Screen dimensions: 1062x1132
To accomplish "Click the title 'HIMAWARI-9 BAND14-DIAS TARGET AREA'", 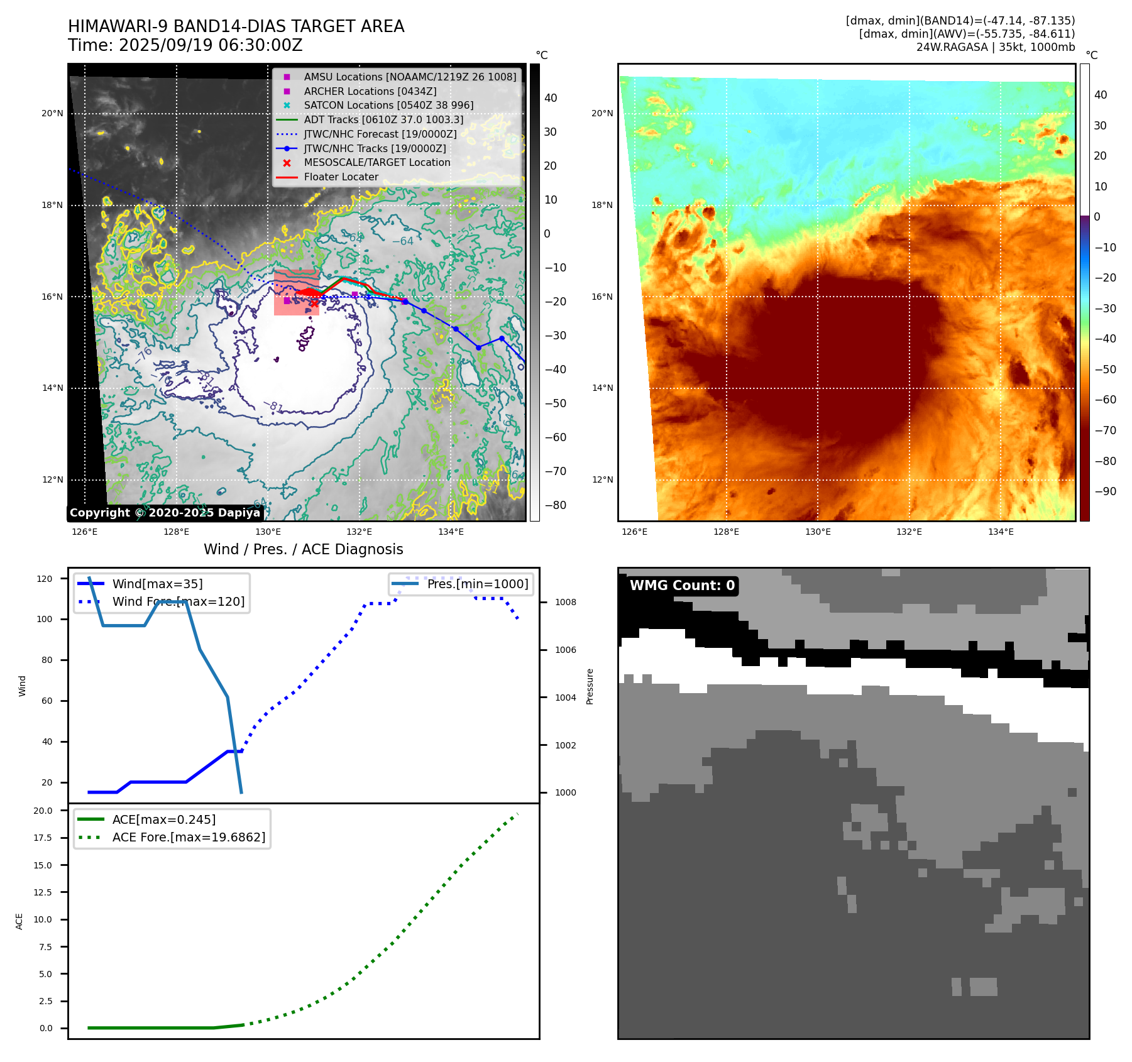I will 236,26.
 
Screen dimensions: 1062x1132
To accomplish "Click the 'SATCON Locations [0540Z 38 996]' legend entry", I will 388,105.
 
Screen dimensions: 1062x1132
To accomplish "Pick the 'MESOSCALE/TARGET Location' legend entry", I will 377,162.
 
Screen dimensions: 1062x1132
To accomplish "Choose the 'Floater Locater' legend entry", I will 341,177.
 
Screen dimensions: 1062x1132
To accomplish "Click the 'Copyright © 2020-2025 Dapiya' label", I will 165,513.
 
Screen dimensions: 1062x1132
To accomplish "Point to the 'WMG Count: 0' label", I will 682,586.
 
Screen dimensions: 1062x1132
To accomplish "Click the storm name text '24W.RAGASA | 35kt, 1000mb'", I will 995,47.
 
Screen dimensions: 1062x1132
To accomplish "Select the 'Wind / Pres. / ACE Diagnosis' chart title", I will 303,549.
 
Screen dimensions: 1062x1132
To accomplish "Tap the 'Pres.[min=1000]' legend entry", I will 477,584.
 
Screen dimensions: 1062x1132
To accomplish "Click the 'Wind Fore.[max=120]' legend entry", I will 178,601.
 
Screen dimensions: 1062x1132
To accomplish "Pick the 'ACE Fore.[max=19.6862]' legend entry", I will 189,837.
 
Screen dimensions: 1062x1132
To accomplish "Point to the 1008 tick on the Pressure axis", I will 565,602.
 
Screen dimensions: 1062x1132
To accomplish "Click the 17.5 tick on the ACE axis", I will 43,838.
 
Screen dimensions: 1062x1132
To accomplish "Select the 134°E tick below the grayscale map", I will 451,532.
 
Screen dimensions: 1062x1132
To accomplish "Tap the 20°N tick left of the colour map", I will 602,114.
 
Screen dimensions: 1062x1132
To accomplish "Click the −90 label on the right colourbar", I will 1105,491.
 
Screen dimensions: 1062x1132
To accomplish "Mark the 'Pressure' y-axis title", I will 590,686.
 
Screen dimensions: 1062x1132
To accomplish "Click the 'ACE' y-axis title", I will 19,921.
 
